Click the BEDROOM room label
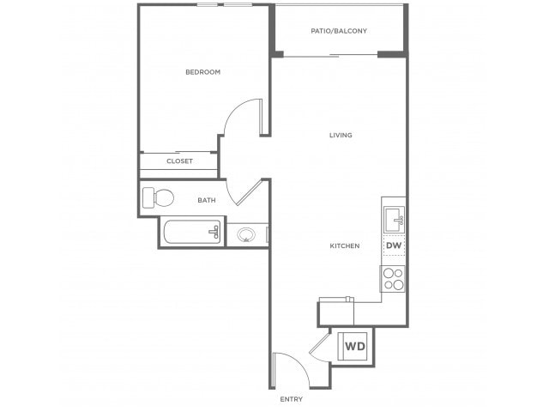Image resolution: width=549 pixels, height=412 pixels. click(x=203, y=72)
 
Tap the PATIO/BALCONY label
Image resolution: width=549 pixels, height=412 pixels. click(x=339, y=31)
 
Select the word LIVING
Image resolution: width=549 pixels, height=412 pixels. click(x=341, y=136)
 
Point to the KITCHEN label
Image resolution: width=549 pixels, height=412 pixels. click(x=345, y=246)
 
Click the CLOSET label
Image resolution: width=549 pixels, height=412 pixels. click(x=179, y=161)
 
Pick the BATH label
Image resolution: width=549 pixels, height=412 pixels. click(x=207, y=200)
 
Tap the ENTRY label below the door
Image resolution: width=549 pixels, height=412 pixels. click(x=292, y=399)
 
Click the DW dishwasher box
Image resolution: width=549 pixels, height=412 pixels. click(x=394, y=245)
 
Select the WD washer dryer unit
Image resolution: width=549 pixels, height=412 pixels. click(x=353, y=346)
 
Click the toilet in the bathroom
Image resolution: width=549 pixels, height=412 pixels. click(x=158, y=197)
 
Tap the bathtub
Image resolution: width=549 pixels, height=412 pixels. click(x=192, y=232)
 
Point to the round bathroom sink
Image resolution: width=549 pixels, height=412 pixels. click(x=246, y=234)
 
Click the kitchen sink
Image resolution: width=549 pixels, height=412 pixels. click(x=395, y=220)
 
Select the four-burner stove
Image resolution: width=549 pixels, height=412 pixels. click(x=393, y=279)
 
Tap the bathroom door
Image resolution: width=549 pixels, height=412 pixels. click(x=250, y=192)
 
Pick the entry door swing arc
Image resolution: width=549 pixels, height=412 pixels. click(x=298, y=364)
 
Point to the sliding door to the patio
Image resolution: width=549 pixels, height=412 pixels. click(x=330, y=55)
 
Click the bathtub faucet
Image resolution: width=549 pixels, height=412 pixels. click(x=214, y=232)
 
